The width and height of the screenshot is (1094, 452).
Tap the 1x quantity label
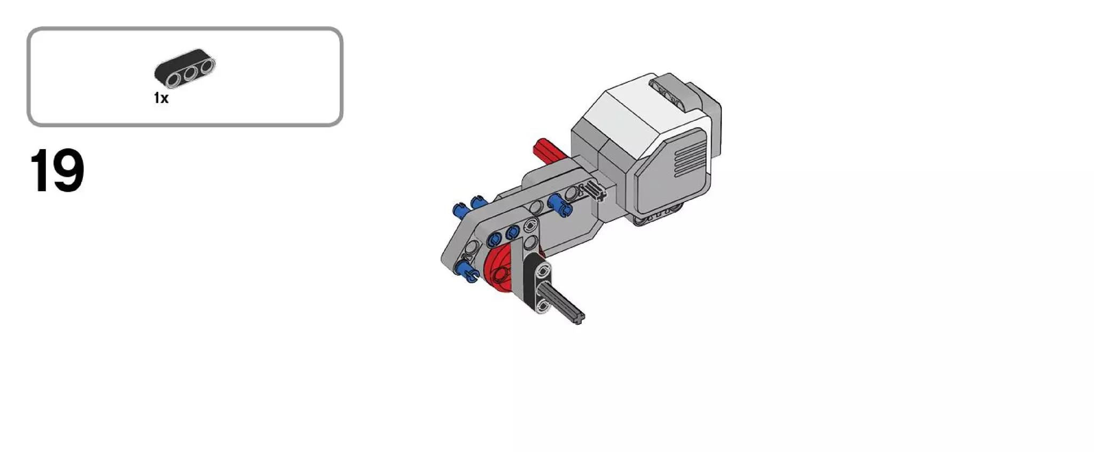161,98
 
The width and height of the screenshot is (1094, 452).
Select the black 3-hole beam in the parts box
185,68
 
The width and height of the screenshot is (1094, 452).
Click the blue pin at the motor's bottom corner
465,271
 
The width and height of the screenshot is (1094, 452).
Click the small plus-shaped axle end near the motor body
596,191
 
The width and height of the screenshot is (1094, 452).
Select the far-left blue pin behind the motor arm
459,210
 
